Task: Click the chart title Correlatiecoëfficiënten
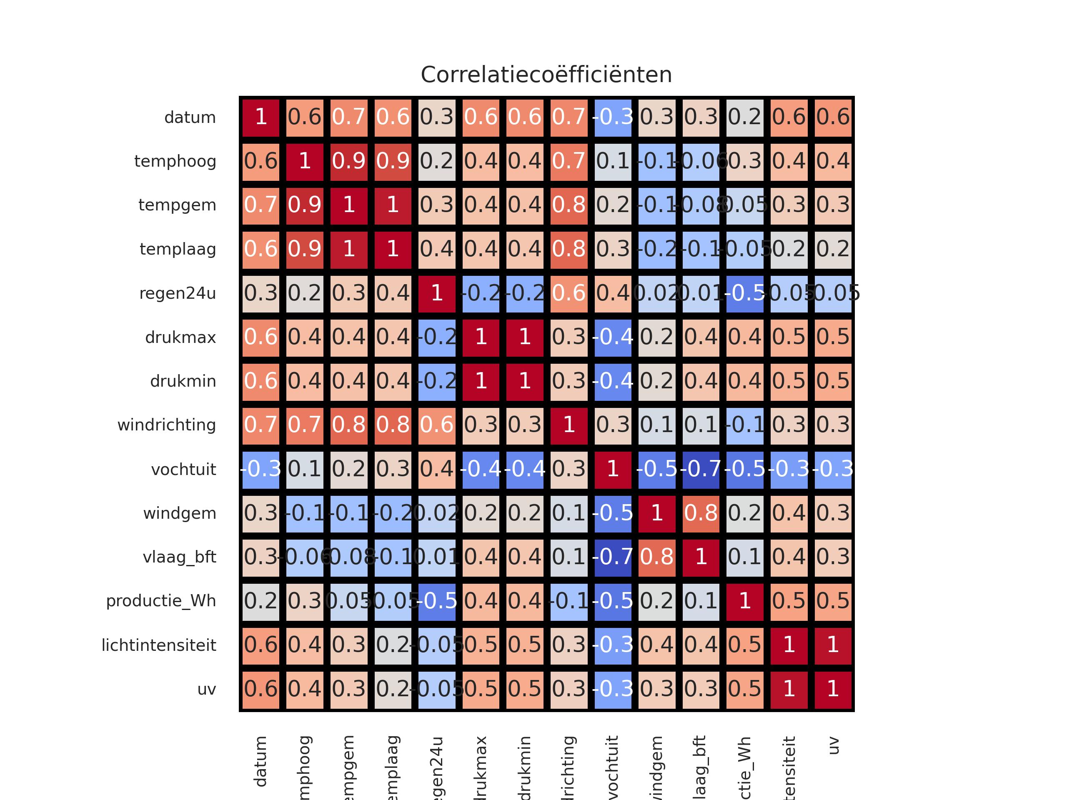[546, 75]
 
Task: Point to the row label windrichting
[166, 425]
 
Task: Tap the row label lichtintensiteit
[159, 645]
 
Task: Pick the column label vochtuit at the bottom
[613, 767]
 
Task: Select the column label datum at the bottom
[260, 762]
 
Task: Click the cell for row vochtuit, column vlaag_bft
[701, 469]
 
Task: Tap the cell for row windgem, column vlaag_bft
[701, 513]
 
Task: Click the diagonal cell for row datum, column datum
[260, 117]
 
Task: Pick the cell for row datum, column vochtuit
[613, 117]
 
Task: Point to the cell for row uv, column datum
[260, 689]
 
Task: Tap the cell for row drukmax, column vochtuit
[613, 337]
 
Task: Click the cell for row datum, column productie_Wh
[745, 117]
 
